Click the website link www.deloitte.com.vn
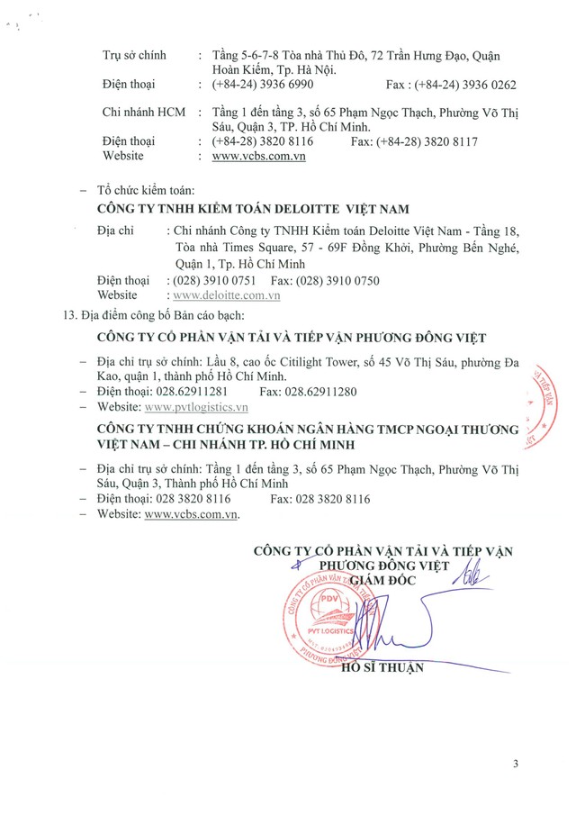pyautogui.click(x=224, y=294)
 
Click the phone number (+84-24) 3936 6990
pyautogui.click(x=263, y=85)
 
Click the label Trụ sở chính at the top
pyautogui.click(x=134, y=56)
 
